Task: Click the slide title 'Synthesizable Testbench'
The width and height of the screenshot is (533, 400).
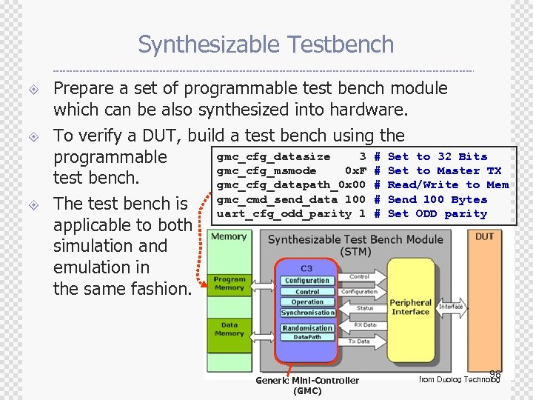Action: coord(266,44)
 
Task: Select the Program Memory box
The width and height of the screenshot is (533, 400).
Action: coord(229,284)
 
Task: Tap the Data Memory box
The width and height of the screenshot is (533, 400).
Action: coord(229,329)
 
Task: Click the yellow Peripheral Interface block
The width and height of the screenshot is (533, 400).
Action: coord(410,307)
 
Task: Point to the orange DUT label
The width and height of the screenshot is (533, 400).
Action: coord(484,236)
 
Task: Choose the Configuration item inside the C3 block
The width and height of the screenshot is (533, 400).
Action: coord(307,281)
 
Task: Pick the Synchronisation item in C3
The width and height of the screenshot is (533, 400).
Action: coord(307,313)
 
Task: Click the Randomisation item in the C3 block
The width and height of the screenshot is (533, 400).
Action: coord(307,328)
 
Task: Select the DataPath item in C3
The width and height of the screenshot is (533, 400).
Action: coord(307,337)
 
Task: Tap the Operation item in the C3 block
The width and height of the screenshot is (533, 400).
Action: coord(307,302)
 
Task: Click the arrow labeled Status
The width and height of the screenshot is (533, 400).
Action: coord(365,309)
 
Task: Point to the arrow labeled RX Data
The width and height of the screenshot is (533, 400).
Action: coord(365,324)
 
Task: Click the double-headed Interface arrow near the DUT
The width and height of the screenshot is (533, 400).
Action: coord(450,306)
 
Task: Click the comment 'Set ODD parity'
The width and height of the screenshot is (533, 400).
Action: coord(437,214)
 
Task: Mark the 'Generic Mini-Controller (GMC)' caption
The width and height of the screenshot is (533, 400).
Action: coord(307,385)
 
